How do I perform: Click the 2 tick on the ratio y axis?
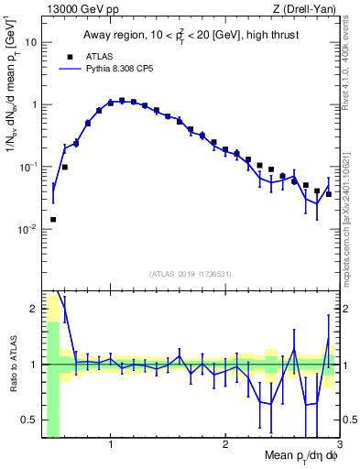pos(34,309)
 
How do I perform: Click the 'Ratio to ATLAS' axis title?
pos(12,364)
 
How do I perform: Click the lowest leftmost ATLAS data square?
pos(53,220)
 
